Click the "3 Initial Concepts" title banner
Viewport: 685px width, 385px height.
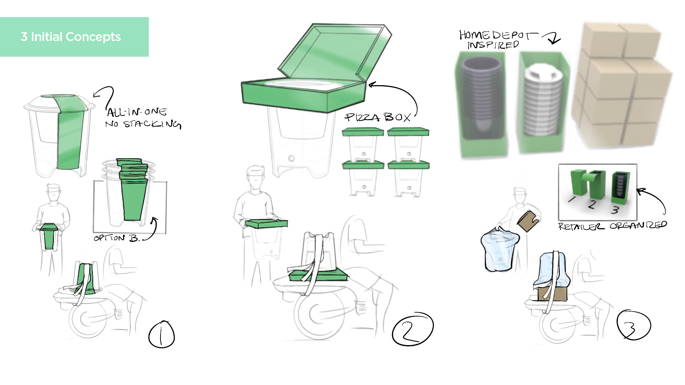pyautogui.click(x=74, y=37)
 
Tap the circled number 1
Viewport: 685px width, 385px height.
pyautogui.click(x=162, y=334)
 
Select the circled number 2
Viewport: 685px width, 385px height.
pyautogui.click(x=412, y=329)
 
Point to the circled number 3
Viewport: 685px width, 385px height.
pyautogui.click(x=634, y=325)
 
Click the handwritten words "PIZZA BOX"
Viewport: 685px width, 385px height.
pyautogui.click(x=378, y=117)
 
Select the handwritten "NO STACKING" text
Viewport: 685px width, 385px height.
pyautogui.click(x=143, y=124)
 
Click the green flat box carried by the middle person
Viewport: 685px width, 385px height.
pyautogui.click(x=266, y=224)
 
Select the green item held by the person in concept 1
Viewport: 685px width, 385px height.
pyautogui.click(x=49, y=236)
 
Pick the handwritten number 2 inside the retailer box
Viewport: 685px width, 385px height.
pyautogui.click(x=592, y=204)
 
